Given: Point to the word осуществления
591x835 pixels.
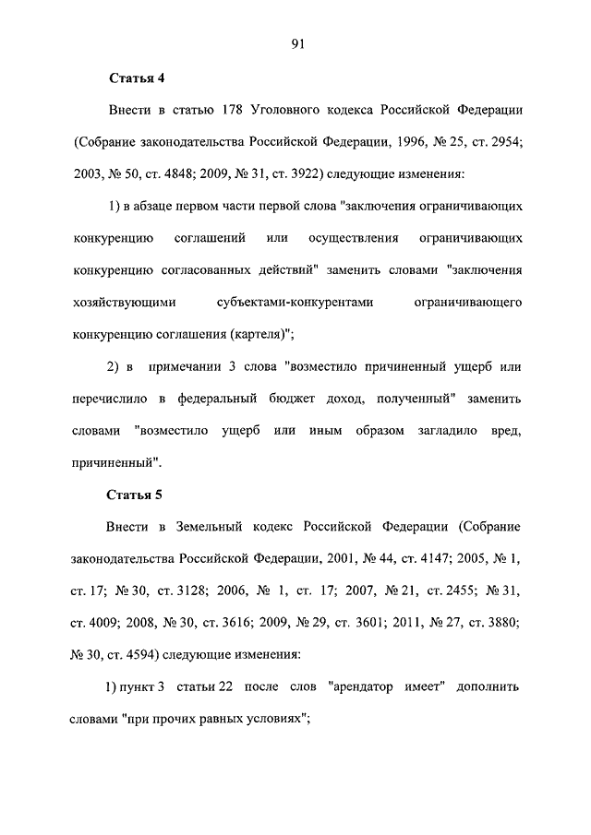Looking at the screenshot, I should point(355,239).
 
